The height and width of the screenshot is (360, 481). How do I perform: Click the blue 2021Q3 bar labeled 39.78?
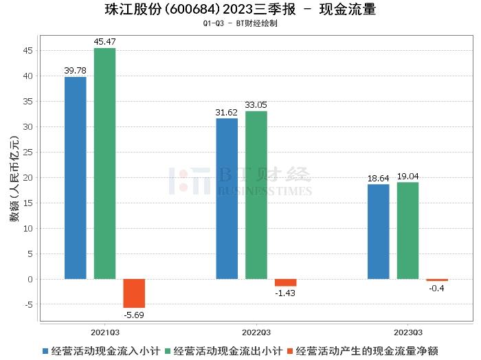[x=75, y=178]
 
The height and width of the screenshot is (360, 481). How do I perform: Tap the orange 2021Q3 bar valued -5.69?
[x=134, y=293]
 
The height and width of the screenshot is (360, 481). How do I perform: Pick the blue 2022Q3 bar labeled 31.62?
[x=227, y=199]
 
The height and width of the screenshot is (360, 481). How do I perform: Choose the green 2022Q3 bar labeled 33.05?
[x=256, y=195]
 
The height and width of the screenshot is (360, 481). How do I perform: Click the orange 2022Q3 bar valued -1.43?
[x=285, y=282]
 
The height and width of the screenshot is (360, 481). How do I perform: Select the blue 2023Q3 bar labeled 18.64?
[x=378, y=232]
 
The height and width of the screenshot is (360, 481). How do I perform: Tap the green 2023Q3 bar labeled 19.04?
[x=407, y=230]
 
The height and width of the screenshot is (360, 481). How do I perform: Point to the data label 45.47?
[x=104, y=43]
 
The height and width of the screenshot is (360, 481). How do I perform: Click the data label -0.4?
[x=436, y=288]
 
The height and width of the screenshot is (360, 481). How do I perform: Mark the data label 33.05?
[x=256, y=105]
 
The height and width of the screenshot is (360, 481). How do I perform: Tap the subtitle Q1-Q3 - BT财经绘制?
[x=240, y=23]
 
